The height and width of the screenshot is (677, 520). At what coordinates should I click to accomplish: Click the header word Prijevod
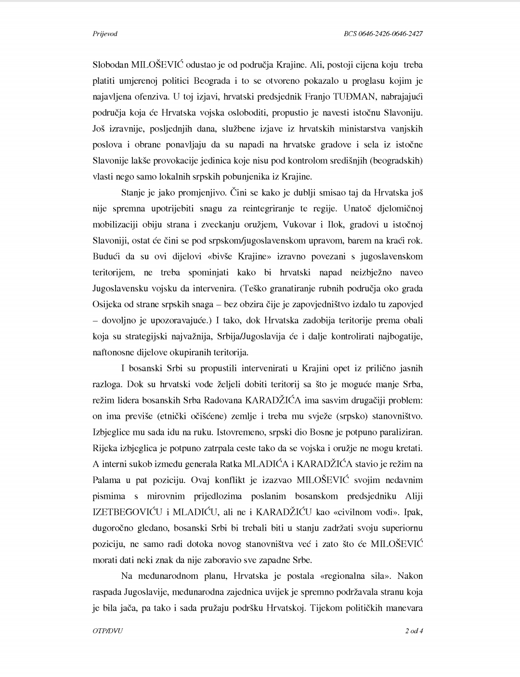104,34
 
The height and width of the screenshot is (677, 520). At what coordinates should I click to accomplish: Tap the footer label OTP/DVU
107,631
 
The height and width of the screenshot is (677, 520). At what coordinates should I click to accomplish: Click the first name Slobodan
111,65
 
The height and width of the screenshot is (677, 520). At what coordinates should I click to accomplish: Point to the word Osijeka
107,304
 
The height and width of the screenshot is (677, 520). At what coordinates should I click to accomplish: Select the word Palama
106,480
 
